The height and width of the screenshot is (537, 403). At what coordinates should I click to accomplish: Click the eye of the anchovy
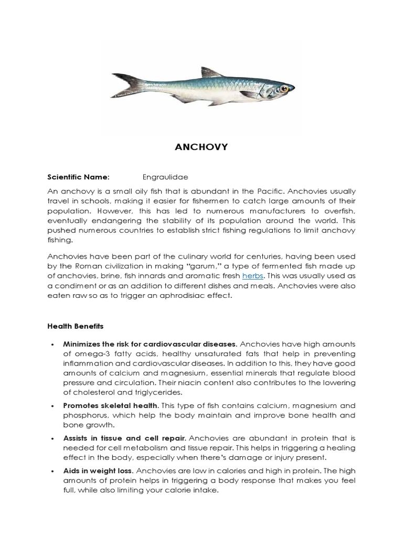[284, 89]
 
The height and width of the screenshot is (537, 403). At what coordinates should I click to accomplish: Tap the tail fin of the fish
[125, 85]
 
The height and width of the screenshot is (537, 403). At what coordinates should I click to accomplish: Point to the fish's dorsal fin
[211, 73]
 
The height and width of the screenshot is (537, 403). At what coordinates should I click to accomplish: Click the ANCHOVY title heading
[201, 147]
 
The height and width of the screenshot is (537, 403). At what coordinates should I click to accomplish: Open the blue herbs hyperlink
[251, 276]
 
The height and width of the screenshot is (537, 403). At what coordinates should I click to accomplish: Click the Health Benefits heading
[76, 326]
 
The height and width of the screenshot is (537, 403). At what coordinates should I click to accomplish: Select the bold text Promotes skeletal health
[110, 405]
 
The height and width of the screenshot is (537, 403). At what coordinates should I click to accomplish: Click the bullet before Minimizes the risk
[52, 345]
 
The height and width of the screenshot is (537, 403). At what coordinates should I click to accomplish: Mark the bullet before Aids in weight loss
[52, 471]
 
